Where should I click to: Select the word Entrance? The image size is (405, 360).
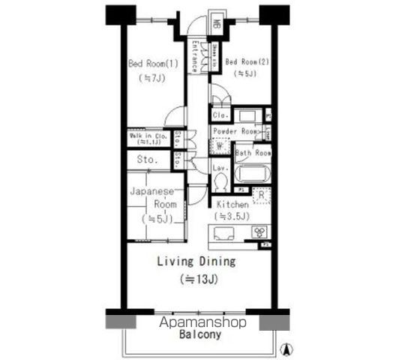194,57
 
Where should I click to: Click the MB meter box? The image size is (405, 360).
214,22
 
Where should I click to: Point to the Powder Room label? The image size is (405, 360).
236,131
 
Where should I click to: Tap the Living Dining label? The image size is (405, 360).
196,262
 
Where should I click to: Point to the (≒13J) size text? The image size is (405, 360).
196,280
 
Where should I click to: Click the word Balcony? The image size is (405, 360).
199,335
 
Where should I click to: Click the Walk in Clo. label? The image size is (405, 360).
148,137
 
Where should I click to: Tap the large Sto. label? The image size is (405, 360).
147,160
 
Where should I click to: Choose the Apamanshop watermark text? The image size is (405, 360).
202,322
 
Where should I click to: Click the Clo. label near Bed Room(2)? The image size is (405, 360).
220,115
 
